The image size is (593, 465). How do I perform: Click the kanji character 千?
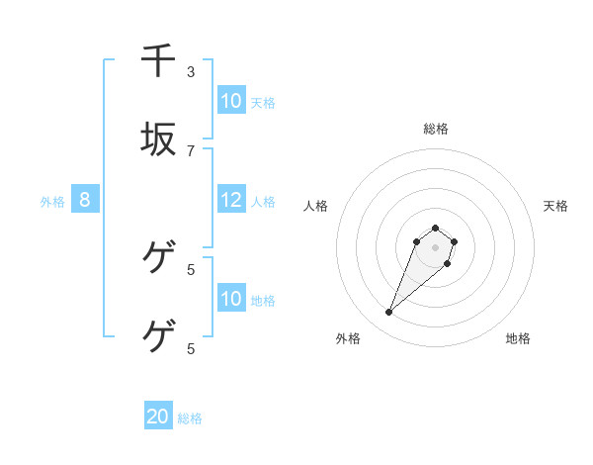(158, 60)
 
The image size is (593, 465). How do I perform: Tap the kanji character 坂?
(158, 139)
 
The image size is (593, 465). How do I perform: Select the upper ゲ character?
(158, 258)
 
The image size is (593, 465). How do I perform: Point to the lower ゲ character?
(158, 337)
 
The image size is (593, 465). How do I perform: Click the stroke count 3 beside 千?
(191, 71)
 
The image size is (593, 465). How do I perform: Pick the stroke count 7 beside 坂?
(191, 150)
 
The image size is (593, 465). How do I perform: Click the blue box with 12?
(231, 200)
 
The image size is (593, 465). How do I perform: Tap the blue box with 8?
(85, 200)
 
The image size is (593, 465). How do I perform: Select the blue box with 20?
(158, 417)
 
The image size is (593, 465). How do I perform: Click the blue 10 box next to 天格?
(231, 101)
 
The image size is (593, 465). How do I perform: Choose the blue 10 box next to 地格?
(231, 299)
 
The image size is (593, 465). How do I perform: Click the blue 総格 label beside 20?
(190, 418)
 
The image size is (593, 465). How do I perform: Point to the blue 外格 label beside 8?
(52, 202)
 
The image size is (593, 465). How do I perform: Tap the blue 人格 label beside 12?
(263, 202)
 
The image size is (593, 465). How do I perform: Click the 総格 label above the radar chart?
(436, 129)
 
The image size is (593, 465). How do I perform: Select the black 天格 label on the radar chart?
(555, 206)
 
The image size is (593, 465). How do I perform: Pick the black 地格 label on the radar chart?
(518, 338)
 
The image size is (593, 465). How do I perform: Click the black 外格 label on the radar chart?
(348, 338)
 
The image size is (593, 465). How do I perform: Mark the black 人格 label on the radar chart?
(316, 206)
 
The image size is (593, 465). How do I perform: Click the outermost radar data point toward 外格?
(389, 313)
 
